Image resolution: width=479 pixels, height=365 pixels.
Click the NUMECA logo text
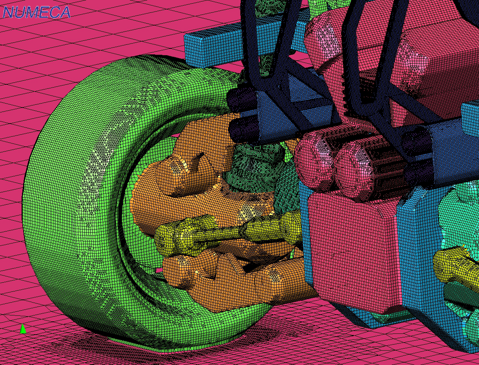coord(36,12)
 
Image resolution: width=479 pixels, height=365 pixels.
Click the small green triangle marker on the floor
coord(23,329)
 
